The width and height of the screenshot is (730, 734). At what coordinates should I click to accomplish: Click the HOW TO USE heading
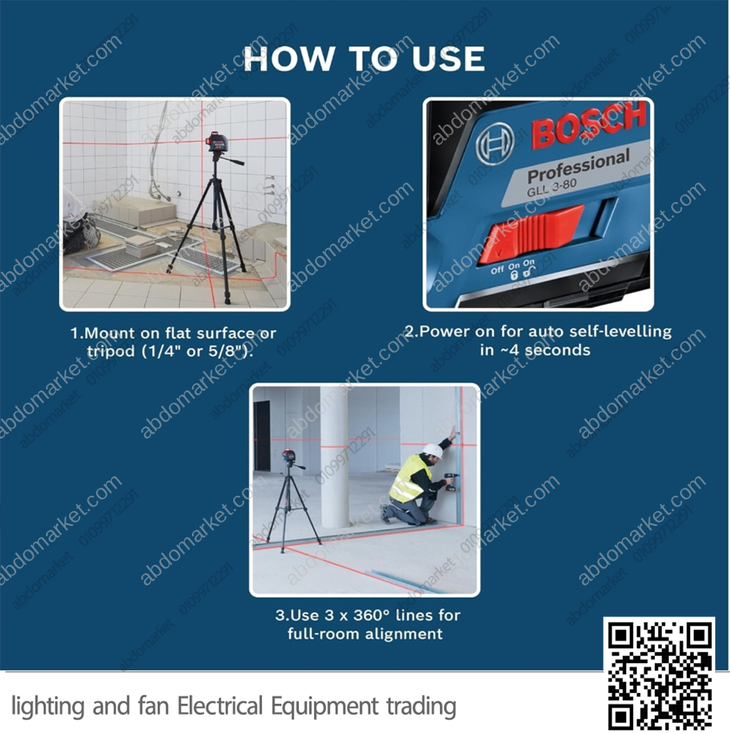click(x=364, y=58)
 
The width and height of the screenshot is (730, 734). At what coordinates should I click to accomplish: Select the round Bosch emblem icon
click(x=495, y=143)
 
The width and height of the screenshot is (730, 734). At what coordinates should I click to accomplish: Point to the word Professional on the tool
click(x=579, y=167)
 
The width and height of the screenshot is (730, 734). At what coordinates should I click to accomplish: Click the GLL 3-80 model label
click(x=552, y=188)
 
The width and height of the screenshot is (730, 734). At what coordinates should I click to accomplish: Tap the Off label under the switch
click(x=497, y=270)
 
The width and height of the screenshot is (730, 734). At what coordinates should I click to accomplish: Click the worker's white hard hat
click(x=433, y=452)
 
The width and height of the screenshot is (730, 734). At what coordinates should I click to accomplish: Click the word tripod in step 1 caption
click(x=111, y=352)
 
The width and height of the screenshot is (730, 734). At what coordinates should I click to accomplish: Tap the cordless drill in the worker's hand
click(x=450, y=482)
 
